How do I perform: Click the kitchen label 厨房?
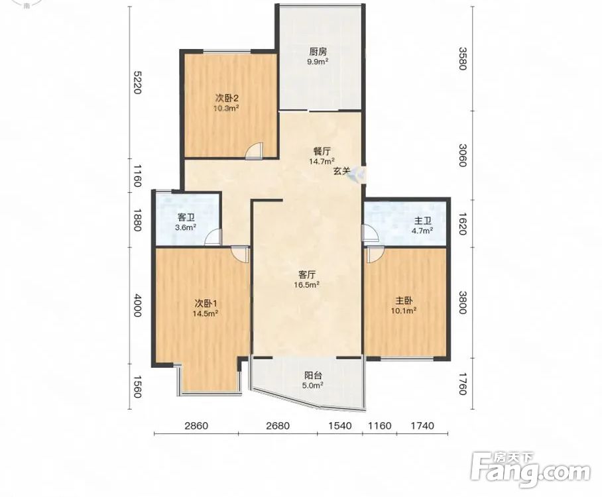click(318, 52)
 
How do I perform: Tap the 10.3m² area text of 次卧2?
click(227, 108)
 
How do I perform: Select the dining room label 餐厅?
click(322, 151)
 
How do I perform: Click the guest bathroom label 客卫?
click(186, 218)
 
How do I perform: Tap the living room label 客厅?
click(307, 275)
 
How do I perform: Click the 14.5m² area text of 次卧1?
click(206, 313)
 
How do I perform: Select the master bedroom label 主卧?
click(404, 300)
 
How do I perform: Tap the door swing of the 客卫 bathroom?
click(213, 237)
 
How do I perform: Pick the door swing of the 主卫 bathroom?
click(371, 233)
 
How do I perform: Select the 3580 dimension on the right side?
click(463, 58)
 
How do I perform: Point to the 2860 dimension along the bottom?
click(196, 425)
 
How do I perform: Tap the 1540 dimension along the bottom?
click(341, 425)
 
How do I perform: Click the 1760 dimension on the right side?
click(463, 384)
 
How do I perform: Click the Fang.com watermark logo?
click(530, 470)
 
